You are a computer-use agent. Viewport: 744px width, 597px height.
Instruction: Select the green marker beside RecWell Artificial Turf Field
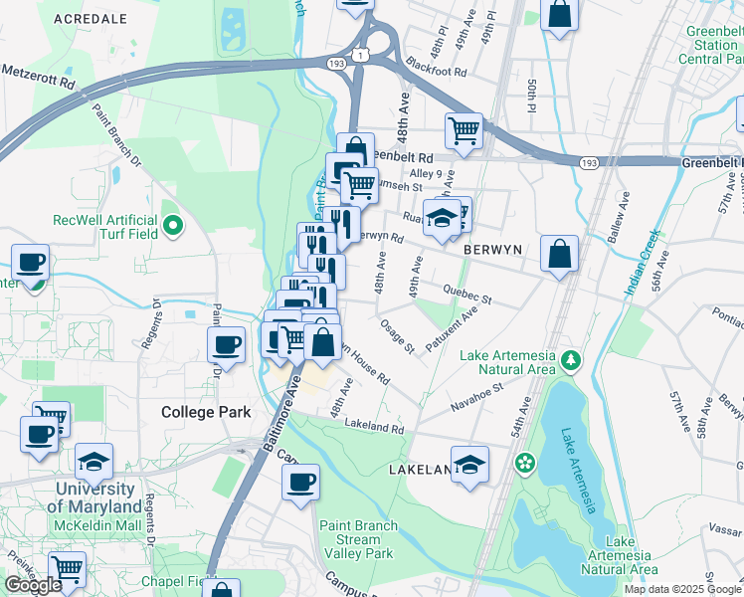[173, 226]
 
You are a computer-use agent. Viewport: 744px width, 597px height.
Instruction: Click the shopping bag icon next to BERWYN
[560, 253]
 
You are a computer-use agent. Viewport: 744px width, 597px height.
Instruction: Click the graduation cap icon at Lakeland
[469, 464]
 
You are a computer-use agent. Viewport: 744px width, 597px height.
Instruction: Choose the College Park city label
[205, 411]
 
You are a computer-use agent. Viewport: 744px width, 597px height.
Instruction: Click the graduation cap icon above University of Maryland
[93, 461]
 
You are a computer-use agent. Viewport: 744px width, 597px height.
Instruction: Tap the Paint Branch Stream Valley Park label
[358, 539]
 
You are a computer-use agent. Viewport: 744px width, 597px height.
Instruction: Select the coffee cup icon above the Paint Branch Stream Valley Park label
[300, 483]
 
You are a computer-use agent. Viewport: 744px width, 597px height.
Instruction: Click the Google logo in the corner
[33, 585]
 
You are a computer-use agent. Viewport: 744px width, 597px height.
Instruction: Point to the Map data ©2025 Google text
[682, 589]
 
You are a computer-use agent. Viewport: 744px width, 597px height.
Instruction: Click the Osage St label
[396, 334]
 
